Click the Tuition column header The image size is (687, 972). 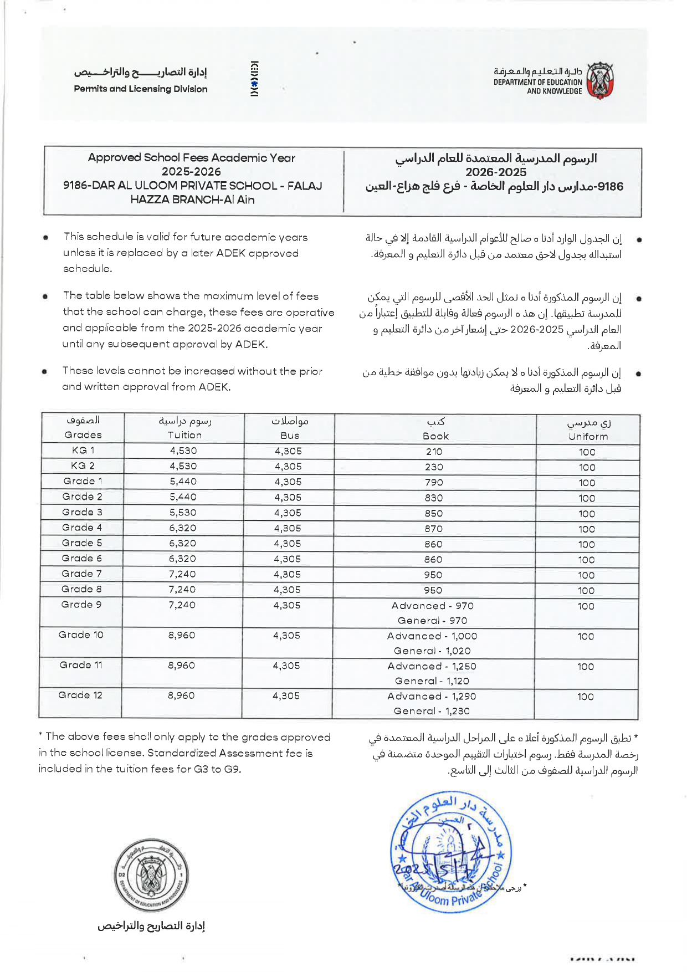[184, 435]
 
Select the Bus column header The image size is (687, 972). [289, 436]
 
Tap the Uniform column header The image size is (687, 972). [588, 436]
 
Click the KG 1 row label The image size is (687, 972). [83, 450]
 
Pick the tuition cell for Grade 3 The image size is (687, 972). [183, 513]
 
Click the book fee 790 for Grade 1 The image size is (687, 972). [434, 483]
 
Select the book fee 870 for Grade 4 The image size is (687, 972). [434, 529]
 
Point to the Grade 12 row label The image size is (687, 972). [80, 695]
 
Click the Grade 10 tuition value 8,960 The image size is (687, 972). [182, 635]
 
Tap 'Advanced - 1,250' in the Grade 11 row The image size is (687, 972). [432, 666]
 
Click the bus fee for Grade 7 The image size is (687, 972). [287, 575]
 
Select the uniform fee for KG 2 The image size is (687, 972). [587, 467]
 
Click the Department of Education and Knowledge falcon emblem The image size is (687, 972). [600, 81]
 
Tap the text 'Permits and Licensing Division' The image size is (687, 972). [141, 89]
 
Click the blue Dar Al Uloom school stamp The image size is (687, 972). [450, 851]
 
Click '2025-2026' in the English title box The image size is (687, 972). [191, 172]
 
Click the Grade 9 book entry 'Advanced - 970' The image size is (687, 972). [432, 606]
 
